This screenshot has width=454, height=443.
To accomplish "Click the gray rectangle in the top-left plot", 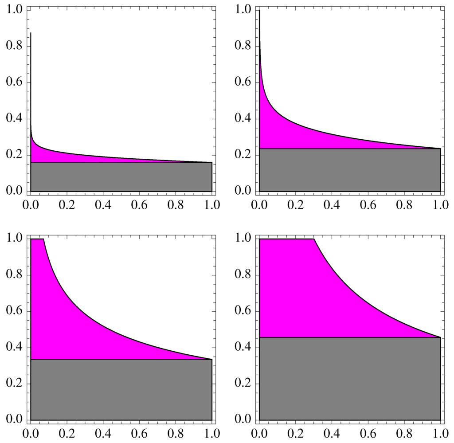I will coord(121,177).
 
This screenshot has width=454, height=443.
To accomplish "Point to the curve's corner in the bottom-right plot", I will coord(314,239).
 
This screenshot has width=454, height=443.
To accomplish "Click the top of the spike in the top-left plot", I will coord(31,33).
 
